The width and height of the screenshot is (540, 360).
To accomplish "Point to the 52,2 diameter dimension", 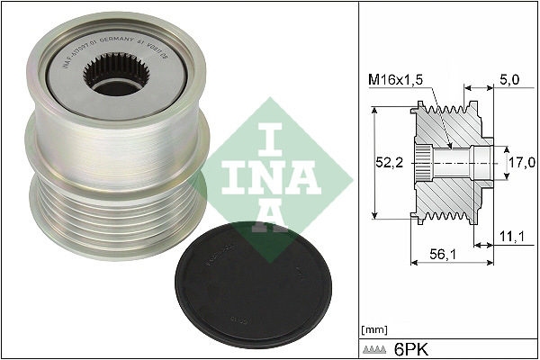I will (388, 162).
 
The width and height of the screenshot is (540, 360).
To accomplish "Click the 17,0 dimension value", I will (521, 162).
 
